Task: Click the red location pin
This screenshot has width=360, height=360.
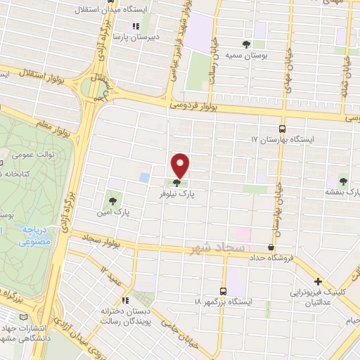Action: pyautogui.click(x=181, y=165)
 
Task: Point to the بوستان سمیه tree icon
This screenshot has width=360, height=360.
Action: pyautogui.click(x=245, y=44)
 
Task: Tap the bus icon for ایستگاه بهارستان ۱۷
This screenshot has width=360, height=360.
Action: pyautogui.click(x=282, y=129)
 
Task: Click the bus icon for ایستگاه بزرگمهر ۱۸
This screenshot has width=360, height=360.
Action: pyautogui.click(x=223, y=290)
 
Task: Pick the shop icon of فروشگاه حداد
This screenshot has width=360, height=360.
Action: pyautogui.click(x=271, y=247)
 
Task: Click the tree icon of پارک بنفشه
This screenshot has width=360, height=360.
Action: pyautogui.click(x=343, y=180)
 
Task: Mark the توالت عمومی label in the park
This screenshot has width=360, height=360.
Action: pyautogui.click(x=31, y=152)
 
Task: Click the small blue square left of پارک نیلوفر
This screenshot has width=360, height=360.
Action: pyautogui.click(x=144, y=177)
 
